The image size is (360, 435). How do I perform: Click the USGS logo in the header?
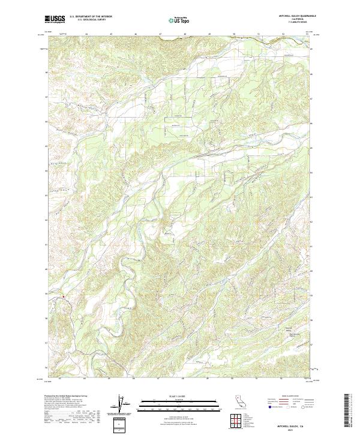[x=55, y=19]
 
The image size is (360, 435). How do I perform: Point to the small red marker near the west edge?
[x=62, y=296]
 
